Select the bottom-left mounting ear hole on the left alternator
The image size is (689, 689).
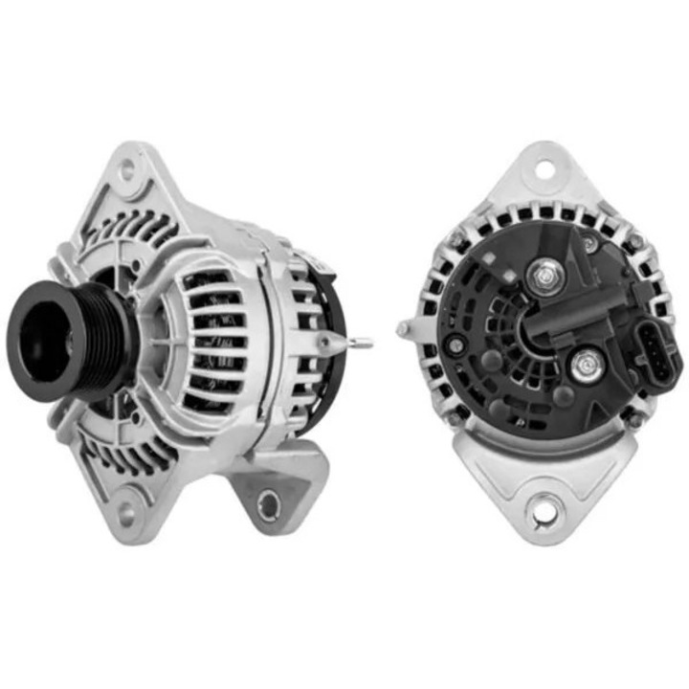pyautogui.click(x=124, y=498)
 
